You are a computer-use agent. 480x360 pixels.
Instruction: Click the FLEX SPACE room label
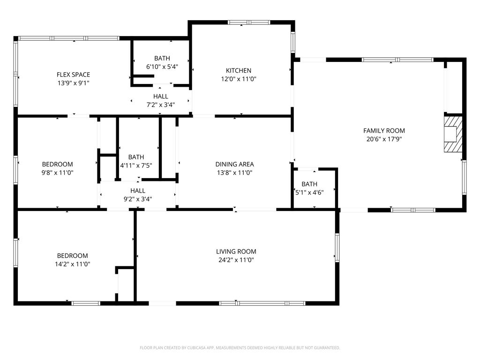[x=73, y=75]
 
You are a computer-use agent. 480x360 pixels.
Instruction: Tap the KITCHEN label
[x=239, y=71]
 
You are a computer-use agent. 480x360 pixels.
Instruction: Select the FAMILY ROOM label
[x=384, y=131]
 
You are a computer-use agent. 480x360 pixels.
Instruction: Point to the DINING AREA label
[x=234, y=165]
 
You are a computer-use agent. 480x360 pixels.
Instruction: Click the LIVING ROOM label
[x=236, y=252]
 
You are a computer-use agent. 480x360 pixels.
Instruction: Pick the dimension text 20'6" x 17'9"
[x=384, y=139]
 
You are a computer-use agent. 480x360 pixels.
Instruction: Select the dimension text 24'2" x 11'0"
[x=236, y=260]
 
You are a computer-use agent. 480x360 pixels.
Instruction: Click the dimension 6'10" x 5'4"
[x=162, y=67]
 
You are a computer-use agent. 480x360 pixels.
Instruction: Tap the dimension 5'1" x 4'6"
[x=309, y=193]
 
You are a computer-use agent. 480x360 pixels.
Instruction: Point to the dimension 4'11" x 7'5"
[x=136, y=165]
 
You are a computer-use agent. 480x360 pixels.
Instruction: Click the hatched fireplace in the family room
[x=453, y=134]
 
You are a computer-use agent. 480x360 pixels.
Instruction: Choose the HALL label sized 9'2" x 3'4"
[x=138, y=191]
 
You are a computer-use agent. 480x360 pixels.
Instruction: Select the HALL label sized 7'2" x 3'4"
[x=161, y=97]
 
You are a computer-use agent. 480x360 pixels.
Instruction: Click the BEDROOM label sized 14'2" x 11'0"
[x=73, y=255]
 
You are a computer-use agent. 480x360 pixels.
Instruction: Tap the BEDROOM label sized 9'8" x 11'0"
[x=58, y=165]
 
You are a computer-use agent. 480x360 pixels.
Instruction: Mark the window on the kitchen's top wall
[x=249, y=22]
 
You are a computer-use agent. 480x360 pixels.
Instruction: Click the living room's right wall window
[x=337, y=247]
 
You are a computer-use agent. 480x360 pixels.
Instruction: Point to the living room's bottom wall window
[x=262, y=303]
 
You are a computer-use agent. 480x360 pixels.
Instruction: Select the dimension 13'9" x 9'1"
[x=73, y=83]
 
